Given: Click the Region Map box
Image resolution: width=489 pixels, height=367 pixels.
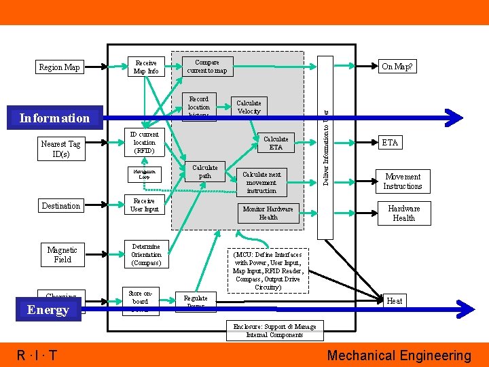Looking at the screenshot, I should pos(59,67).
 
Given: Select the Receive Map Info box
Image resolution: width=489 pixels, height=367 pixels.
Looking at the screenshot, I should pos(146,67).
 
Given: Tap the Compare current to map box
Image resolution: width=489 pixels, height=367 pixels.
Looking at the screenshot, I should pos(207,67).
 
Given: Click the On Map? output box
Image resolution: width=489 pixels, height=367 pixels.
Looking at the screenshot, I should pos(397,67).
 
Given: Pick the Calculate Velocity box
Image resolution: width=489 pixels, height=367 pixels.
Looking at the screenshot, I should pos(249,107).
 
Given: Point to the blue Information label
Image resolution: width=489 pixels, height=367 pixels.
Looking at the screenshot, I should pos(54,118).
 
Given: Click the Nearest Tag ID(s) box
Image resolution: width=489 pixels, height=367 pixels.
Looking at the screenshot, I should pos(60,149).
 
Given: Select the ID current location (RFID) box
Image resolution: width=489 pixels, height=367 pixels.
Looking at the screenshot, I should pos(144,143).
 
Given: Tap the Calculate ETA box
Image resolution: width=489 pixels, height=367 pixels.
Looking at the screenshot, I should pos(276,143).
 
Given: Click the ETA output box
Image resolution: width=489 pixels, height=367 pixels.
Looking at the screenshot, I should pos(390,143).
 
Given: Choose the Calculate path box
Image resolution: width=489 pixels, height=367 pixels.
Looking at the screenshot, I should pos(204,171).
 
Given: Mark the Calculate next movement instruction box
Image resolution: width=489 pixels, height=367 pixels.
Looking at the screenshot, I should pos(261,182).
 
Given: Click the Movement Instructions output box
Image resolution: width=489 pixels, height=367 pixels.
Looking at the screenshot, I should pos(403,181).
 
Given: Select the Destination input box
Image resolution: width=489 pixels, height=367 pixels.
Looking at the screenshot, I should pos(60,206).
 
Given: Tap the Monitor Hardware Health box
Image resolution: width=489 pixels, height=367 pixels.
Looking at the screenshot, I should pos(268,213).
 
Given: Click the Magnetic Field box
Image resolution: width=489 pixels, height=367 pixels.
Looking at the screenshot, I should pos(62,255).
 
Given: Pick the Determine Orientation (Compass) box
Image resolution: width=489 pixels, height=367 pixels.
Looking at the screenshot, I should pos(146,255).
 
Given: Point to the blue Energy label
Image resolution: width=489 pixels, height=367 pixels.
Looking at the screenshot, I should pos(48,310).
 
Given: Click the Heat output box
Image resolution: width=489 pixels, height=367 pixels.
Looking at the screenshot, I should pos(394,301).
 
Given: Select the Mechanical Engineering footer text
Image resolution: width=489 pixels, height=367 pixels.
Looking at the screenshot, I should pos(399,355).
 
